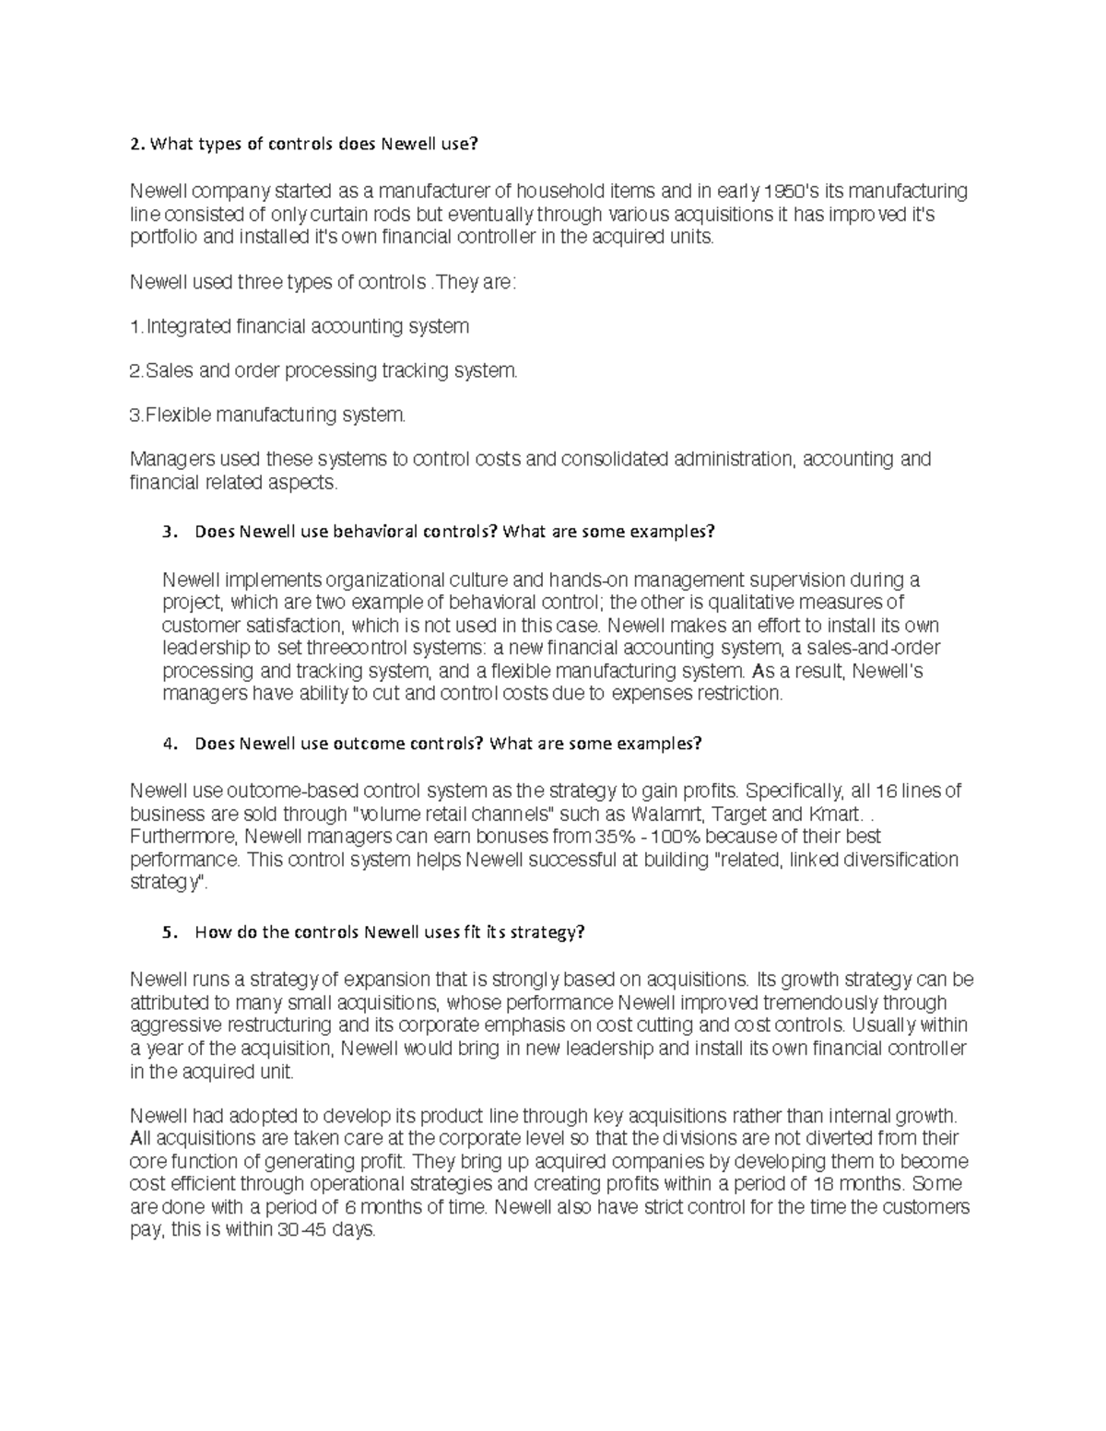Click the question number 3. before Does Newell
pyautogui.click(x=168, y=532)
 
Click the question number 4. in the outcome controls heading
pyautogui.click(x=168, y=744)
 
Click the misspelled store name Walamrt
pyautogui.click(x=667, y=814)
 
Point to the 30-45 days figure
pyautogui.click(x=301, y=1230)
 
